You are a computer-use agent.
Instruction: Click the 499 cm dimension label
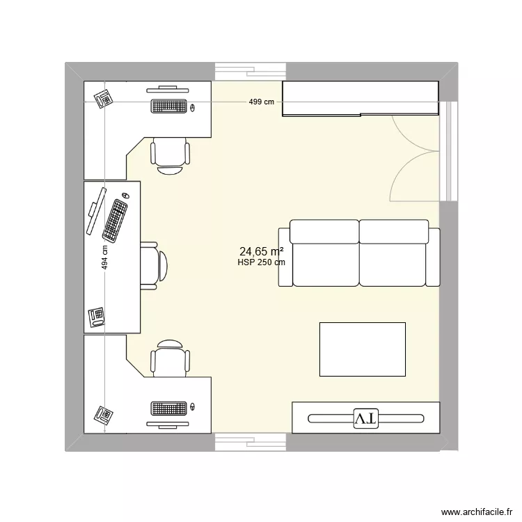262,102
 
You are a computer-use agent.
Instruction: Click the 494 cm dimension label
104,258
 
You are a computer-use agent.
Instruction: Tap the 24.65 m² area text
261,251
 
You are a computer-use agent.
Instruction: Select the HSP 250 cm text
261,262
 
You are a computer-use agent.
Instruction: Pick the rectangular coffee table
362,349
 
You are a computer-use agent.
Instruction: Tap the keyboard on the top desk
168,106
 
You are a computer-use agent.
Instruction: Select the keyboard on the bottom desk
168,408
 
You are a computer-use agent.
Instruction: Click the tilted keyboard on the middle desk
116,218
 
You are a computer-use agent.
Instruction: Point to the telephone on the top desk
104,98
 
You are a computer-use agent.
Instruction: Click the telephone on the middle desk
97,317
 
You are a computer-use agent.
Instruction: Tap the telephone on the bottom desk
104,415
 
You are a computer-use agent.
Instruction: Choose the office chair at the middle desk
155,265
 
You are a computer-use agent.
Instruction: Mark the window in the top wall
250,72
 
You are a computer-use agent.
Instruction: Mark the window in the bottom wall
250,442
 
